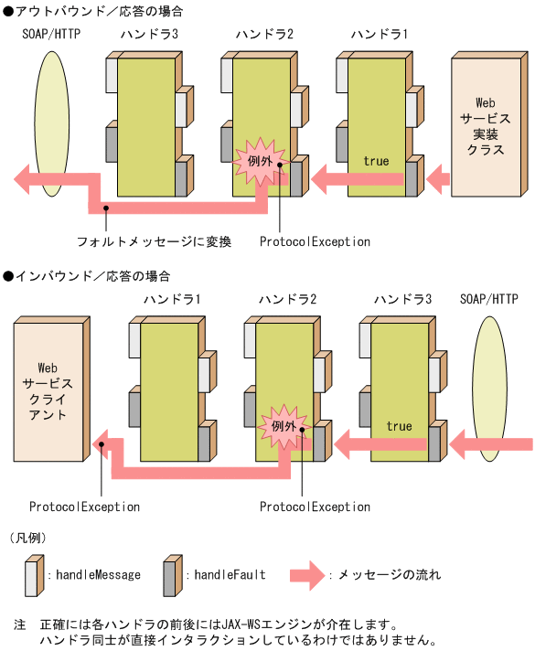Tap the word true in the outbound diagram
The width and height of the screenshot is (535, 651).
click(376, 161)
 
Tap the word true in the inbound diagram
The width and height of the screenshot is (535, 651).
click(399, 426)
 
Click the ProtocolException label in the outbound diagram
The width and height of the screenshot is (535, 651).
click(315, 242)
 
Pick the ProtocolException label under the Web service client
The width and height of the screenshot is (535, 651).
click(84, 507)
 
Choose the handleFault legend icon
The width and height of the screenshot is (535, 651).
click(171, 574)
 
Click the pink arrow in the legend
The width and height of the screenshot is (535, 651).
click(307, 575)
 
